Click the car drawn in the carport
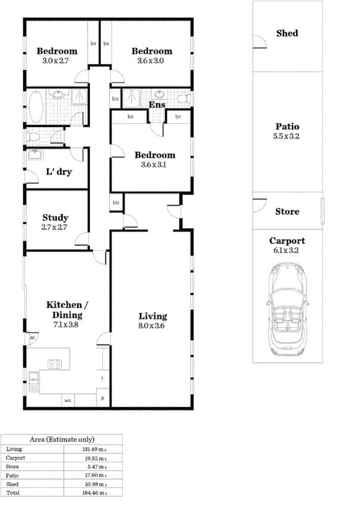288,311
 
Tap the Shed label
287,33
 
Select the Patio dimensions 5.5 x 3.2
287,136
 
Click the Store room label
287,211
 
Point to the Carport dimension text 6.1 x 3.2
287,251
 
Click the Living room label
153,316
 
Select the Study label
55,217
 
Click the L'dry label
58,173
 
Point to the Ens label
157,105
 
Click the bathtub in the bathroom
35,106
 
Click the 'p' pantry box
103,399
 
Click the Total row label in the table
13,493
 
